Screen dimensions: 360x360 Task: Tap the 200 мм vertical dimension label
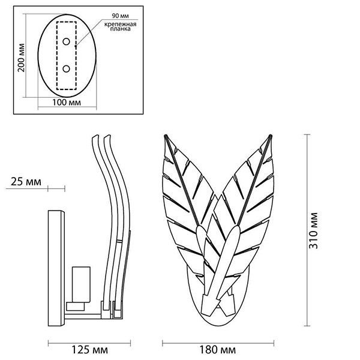tap(22, 57)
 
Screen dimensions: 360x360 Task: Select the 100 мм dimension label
tap(67, 103)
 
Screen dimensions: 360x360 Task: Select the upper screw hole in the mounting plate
tap(67, 41)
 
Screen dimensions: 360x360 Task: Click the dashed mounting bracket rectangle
tap(67, 55)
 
